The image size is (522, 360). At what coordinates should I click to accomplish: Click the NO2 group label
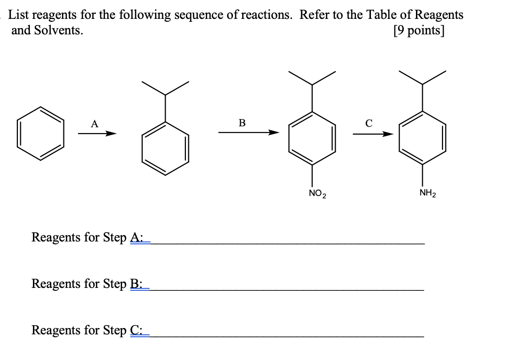pyautogui.click(x=317, y=195)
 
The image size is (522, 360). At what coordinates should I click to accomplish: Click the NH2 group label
pyautogui.click(x=428, y=194)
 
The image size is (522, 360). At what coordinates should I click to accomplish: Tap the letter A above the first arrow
pyautogui.click(x=94, y=124)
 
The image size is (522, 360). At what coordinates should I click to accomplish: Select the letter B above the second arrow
pyautogui.click(x=242, y=123)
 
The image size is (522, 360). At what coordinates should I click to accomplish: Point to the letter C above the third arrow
pyautogui.click(x=369, y=123)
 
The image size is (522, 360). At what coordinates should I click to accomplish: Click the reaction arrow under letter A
pyautogui.click(x=97, y=134)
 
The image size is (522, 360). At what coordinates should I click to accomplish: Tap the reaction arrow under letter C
pyautogui.click(x=372, y=134)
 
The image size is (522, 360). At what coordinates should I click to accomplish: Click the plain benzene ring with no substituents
pyautogui.click(x=41, y=133)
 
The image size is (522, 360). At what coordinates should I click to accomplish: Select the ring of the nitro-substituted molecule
pyautogui.click(x=312, y=138)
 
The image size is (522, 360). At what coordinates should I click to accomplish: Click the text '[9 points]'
pyautogui.click(x=419, y=30)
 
